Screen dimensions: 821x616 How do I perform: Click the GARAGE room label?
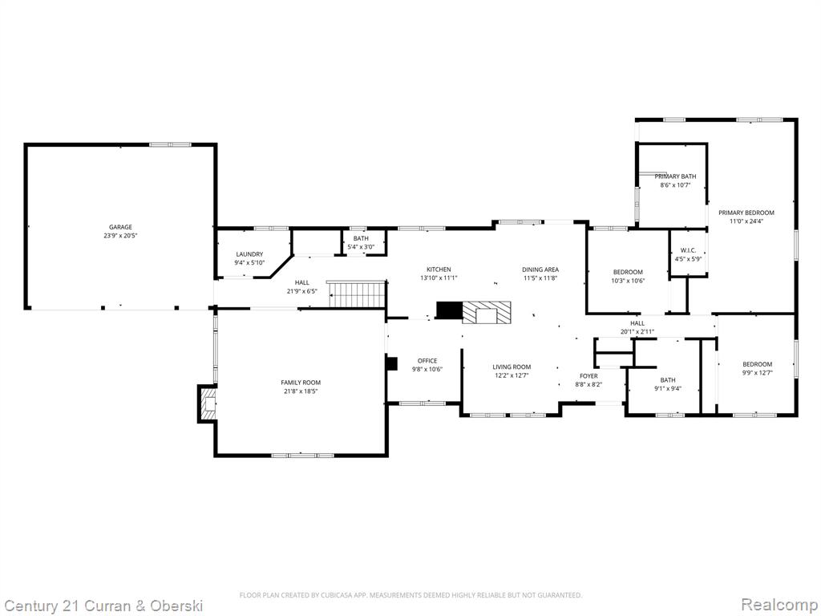[120, 227]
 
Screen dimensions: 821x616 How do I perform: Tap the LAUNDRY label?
[249, 254]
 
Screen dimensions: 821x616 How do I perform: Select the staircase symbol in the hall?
[357, 294]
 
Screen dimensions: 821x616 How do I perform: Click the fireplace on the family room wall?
[208, 404]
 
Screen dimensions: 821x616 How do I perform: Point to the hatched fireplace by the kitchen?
[487, 314]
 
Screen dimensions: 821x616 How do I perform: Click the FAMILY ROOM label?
[301, 383]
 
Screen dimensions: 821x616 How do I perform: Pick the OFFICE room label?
[427, 360]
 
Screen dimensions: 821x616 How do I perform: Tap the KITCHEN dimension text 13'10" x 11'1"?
[439, 278]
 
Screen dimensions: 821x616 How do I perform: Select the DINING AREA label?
[540, 269]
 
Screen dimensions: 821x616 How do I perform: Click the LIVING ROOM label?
[512, 367]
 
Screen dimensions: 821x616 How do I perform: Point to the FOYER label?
[588, 375]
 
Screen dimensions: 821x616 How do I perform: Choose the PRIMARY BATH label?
[675, 176]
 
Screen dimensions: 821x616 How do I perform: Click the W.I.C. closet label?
[688, 250]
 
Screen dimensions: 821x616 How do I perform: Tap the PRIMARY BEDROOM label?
[746, 213]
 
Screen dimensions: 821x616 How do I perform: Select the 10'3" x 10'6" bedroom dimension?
[628, 280]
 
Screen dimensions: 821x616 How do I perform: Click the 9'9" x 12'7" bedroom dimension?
[757, 372]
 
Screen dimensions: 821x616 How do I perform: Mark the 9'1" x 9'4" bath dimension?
[668, 388]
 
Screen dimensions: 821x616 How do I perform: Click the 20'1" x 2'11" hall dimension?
[637, 331]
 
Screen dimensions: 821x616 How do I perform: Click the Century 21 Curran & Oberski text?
[102, 606]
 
